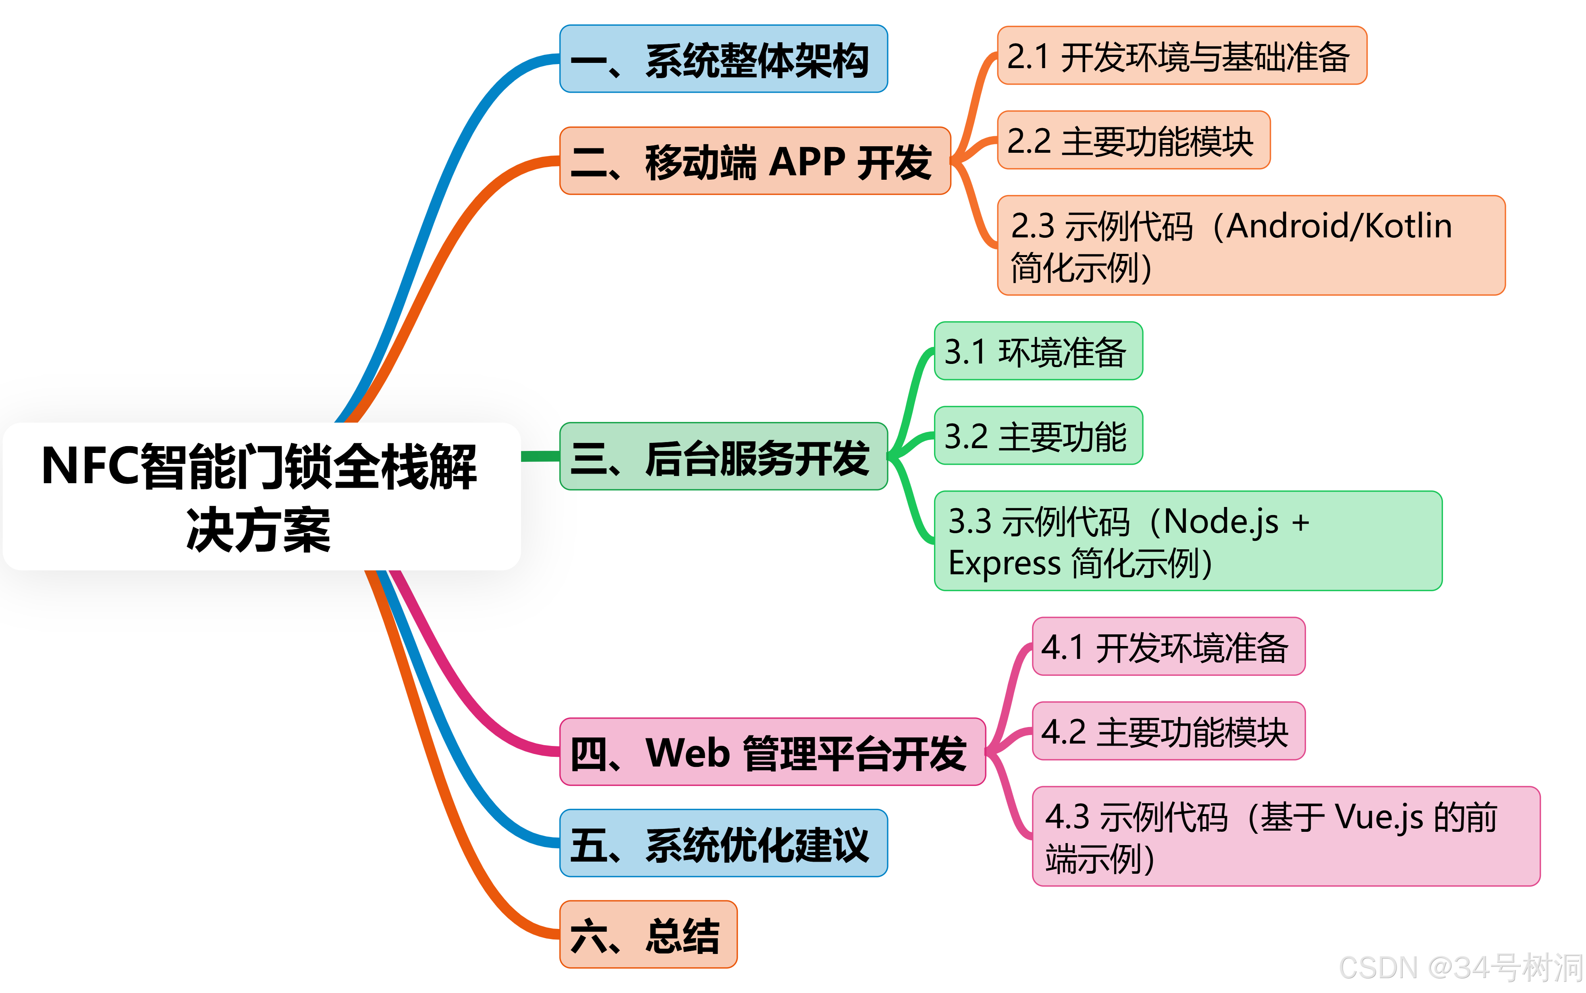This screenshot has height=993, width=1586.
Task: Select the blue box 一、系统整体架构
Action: point(723,59)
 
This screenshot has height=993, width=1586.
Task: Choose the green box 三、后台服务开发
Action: point(723,457)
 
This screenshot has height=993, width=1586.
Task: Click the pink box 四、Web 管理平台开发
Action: point(772,752)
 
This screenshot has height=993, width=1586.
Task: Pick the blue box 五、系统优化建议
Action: point(723,843)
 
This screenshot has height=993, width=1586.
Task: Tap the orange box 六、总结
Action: point(648,935)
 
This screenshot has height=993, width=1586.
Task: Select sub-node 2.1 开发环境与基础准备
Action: point(1181,56)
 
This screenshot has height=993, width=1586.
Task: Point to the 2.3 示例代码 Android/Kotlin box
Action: point(1251,245)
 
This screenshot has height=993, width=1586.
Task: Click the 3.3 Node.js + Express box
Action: point(1187,540)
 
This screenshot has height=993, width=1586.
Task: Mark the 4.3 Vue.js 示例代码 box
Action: point(1285,836)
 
